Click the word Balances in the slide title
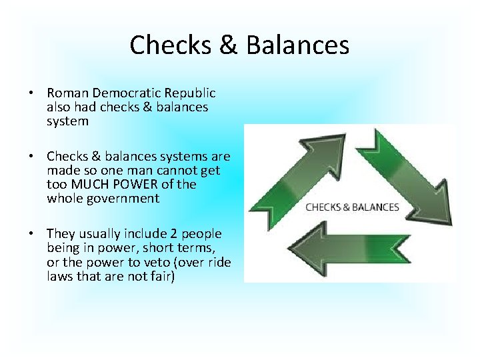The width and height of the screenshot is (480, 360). pyautogui.click(x=297, y=45)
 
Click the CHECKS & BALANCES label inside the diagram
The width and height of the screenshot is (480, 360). pyautogui.click(x=352, y=207)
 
